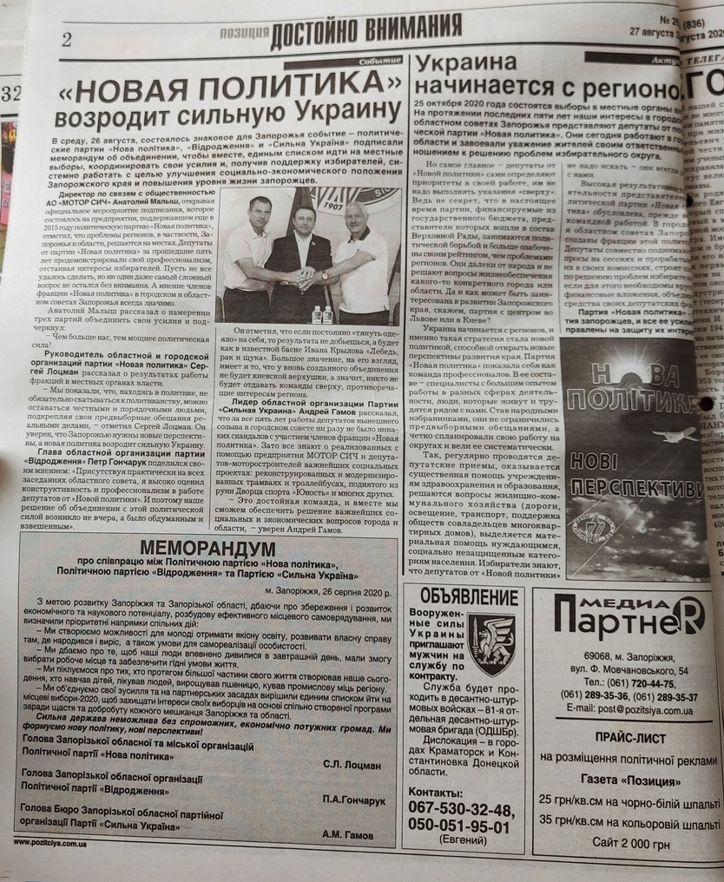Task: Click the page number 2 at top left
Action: pyautogui.click(x=67, y=40)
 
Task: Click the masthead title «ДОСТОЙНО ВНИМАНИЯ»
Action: pyautogui.click(x=365, y=33)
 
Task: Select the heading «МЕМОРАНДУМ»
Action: pyautogui.click(x=207, y=549)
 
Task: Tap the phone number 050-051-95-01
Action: pyautogui.click(x=459, y=826)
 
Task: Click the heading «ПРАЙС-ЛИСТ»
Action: pyautogui.click(x=630, y=738)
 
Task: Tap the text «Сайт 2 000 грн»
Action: pyautogui.click(x=630, y=843)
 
